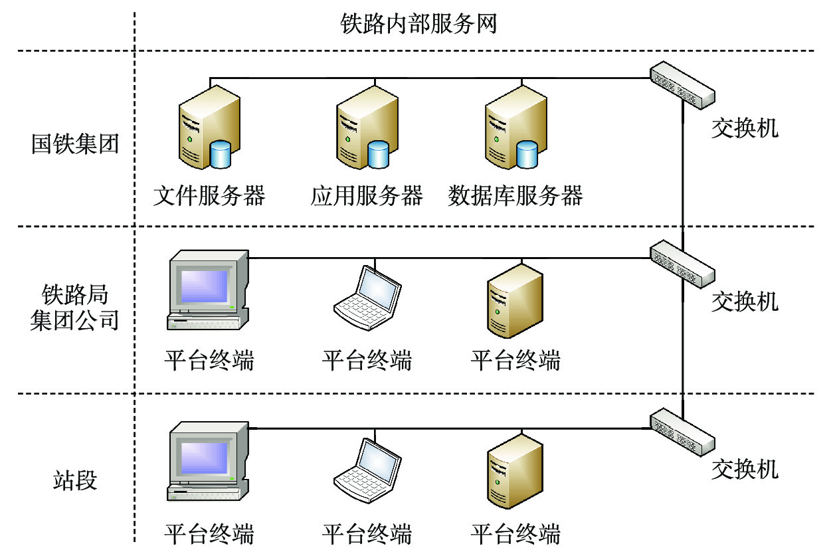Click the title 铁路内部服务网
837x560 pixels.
tap(418, 25)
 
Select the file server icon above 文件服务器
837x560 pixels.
tap(208, 130)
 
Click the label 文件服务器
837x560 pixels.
tap(209, 197)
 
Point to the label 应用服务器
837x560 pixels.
tap(367, 197)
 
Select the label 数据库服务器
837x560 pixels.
tap(515, 197)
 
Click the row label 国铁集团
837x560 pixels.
tap(75, 144)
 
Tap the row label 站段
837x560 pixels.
tap(75, 480)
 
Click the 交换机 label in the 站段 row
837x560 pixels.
tap(745, 470)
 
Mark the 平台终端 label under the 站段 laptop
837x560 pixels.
tap(367, 533)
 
